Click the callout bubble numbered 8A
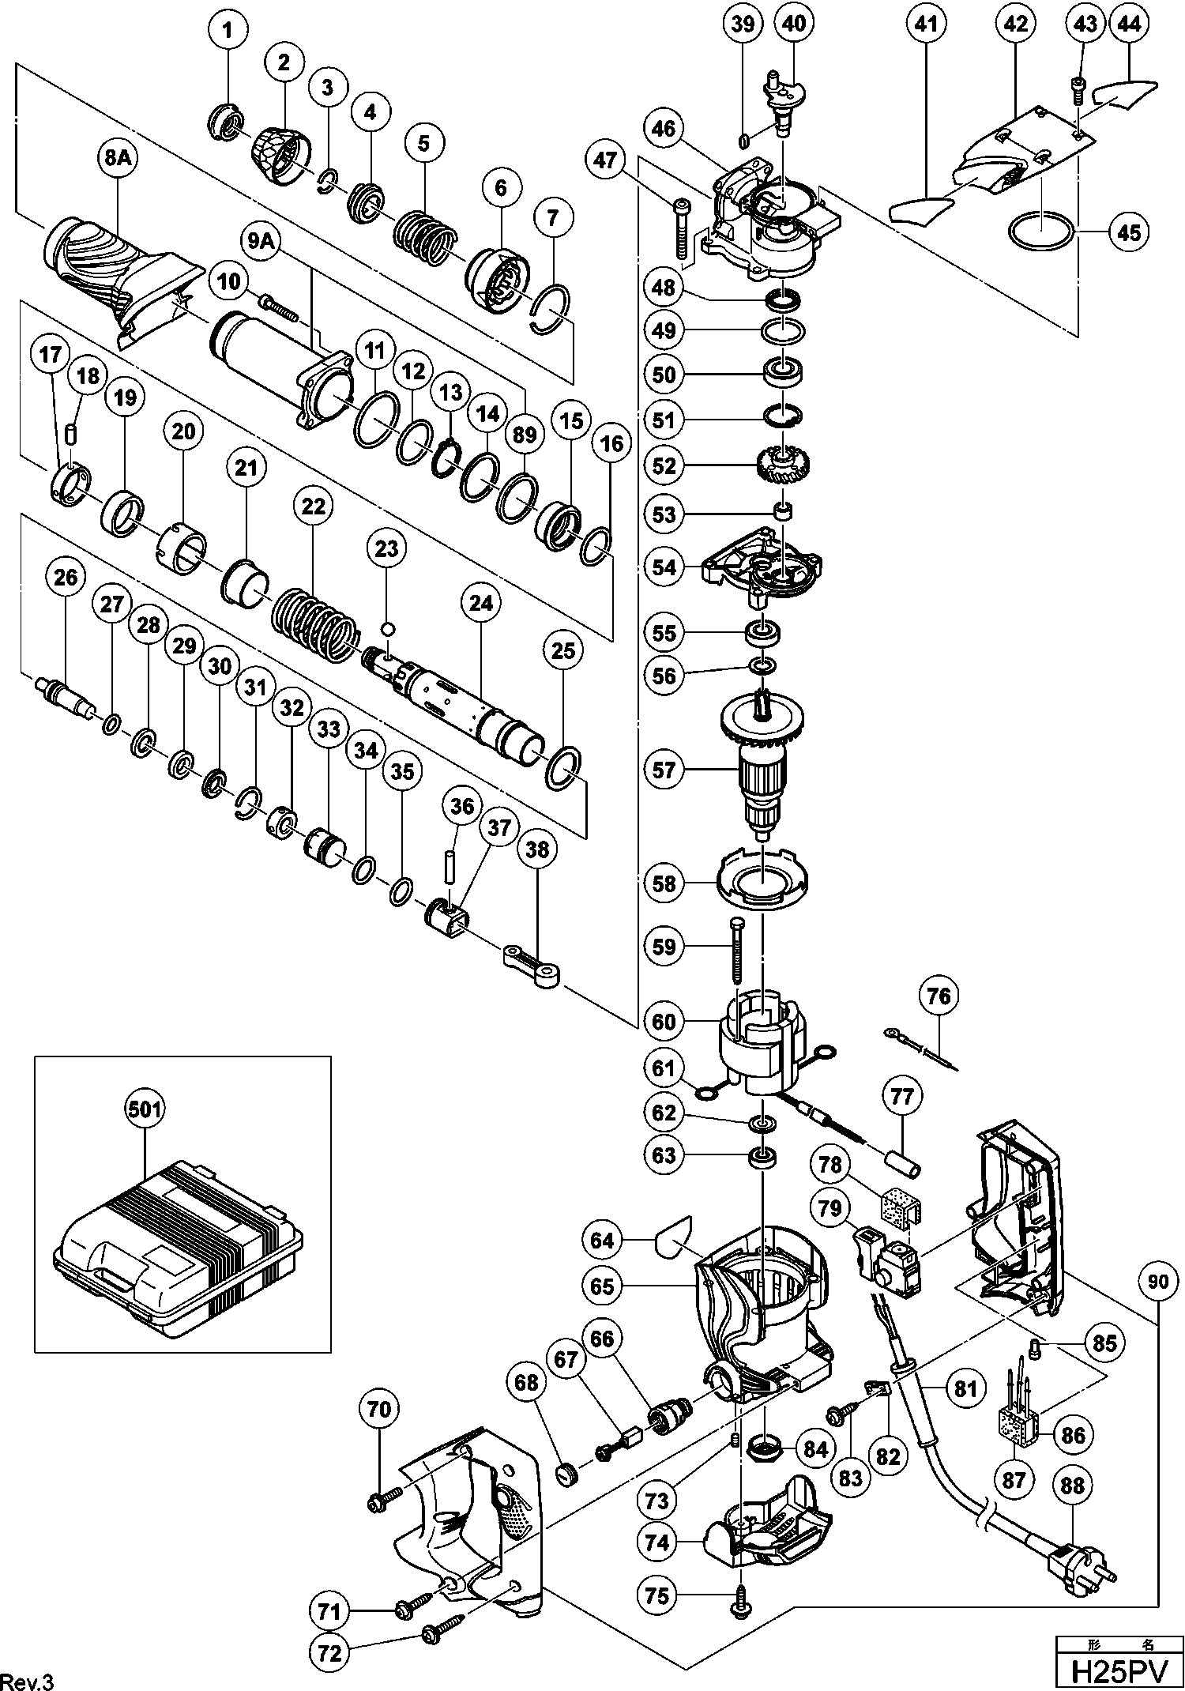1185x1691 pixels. click(117, 159)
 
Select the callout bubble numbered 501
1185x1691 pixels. click(145, 1109)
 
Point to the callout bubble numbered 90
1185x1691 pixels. click(1157, 1282)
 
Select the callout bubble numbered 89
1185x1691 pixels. click(525, 434)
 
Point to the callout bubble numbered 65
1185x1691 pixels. click(602, 1286)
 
